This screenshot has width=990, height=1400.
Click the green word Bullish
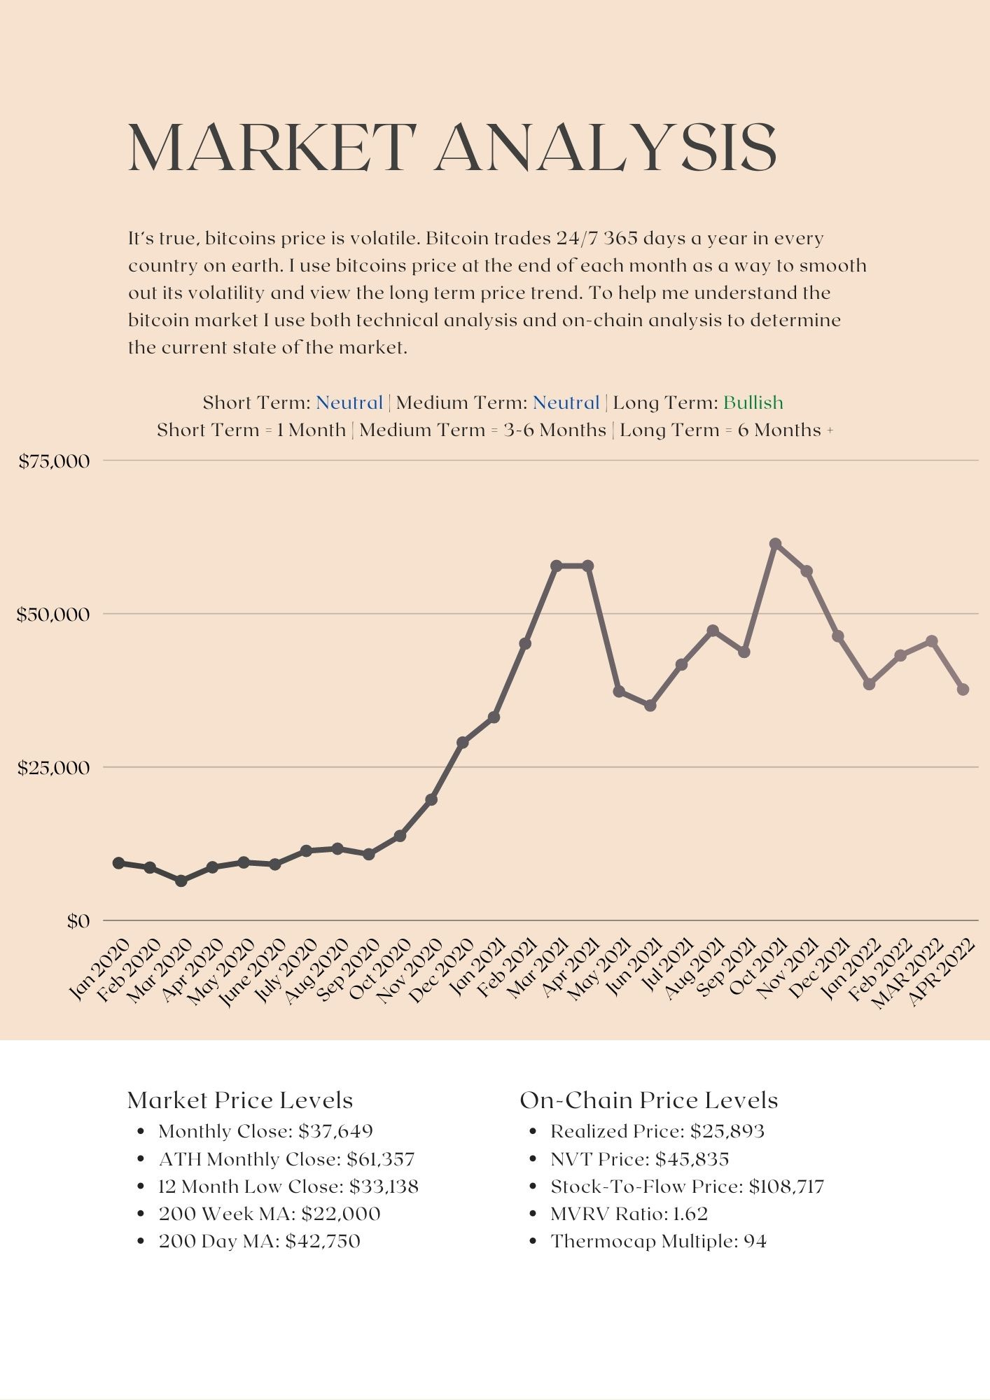pos(753,402)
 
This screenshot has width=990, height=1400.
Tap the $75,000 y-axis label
pos(55,461)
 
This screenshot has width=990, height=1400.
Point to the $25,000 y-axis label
pos(54,768)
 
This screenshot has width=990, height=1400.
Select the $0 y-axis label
pos(78,921)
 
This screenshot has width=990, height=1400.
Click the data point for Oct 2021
pos(775,544)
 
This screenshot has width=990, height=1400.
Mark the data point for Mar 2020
pos(181,881)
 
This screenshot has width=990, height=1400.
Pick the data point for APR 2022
pos(963,689)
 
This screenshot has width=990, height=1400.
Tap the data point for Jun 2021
pos(650,706)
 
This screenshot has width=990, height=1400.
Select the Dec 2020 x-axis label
pos(443,972)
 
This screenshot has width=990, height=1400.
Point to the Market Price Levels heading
pos(240,1100)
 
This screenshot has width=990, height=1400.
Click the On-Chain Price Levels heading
pos(648,1100)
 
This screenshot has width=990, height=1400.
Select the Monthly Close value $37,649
pos(335,1131)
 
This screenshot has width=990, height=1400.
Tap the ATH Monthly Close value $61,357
pos(381,1159)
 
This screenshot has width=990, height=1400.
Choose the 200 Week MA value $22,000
pos(341,1214)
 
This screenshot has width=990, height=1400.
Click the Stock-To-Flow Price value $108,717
pos(786,1186)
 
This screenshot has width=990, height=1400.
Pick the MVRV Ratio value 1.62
pos(690,1214)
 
